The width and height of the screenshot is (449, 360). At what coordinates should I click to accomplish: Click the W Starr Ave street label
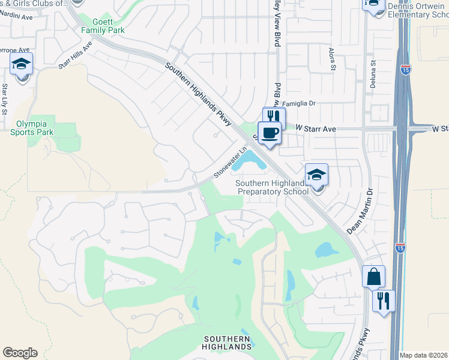[319, 128]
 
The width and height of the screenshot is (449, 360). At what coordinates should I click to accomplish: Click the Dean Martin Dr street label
[360, 212]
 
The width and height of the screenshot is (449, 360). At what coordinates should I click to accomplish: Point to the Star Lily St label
[5, 98]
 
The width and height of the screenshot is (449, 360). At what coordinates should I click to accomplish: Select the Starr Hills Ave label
[75, 55]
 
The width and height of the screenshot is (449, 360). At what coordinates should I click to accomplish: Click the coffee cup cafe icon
[270, 133]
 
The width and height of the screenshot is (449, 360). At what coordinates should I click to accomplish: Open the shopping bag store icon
[373, 277]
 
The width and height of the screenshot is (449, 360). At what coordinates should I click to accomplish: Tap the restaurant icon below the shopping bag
[384, 299]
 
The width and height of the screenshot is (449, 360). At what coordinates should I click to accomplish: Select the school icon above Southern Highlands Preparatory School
[316, 175]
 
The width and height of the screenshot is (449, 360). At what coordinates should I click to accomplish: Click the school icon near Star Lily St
[21, 64]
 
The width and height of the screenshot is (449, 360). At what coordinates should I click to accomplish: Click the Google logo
[20, 353]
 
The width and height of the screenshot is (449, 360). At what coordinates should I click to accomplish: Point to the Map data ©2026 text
[424, 355]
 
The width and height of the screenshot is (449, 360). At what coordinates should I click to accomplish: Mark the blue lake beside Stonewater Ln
[251, 160]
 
